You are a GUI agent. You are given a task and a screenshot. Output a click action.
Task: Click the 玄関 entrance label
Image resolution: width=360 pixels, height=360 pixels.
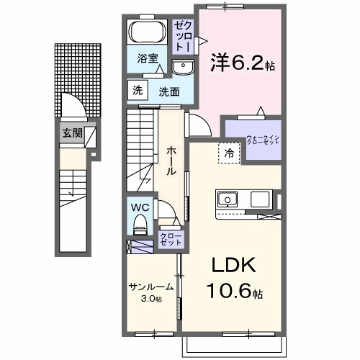(x=72, y=132)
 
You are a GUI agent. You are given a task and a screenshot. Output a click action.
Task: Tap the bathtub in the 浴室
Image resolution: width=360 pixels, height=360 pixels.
(x=147, y=32)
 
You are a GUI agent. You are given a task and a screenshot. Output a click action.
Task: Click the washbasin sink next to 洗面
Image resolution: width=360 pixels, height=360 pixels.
(x=183, y=68)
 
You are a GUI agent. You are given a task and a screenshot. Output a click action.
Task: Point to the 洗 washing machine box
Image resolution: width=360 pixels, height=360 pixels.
(x=137, y=90)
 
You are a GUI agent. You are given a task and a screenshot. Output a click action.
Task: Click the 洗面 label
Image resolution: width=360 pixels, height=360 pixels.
(x=168, y=91)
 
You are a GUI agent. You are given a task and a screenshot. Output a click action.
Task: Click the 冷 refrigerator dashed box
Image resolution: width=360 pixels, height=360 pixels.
(x=228, y=153)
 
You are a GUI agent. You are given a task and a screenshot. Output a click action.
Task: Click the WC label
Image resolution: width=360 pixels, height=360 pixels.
(x=140, y=207)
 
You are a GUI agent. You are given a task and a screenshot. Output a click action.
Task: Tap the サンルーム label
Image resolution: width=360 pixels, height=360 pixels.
(x=151, y=286)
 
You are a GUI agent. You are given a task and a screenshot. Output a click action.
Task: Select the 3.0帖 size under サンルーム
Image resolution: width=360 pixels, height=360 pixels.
(x=151, y=298)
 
